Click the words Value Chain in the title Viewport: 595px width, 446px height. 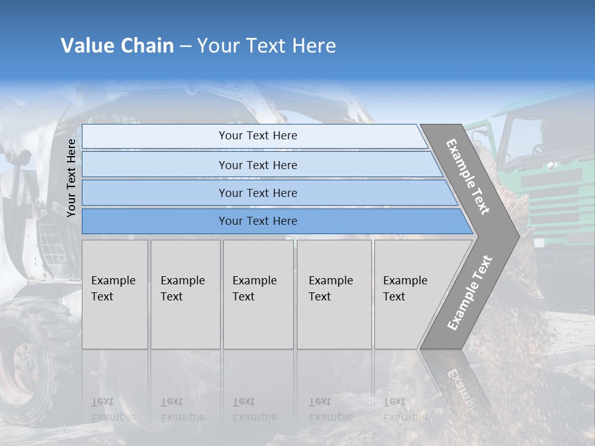pos(117,46)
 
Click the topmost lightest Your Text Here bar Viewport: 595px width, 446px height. pos(257,136)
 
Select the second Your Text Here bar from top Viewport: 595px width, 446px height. pos(257,165)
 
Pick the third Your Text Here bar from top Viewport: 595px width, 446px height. pos(257,193)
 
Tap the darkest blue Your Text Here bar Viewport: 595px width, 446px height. pos(257,221)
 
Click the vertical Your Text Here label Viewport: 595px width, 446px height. pos(71,178)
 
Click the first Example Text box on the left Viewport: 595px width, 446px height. pos(115,294)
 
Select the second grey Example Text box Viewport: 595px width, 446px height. pos(185,294)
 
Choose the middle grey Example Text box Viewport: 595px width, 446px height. pos(258,294)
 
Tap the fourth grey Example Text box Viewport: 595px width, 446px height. pos(333,294)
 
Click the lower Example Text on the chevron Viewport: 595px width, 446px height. pos(470,292)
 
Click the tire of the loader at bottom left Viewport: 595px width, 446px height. pos(25,365)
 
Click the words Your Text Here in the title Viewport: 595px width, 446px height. pos(267,46)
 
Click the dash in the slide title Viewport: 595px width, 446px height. pos(185,46)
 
